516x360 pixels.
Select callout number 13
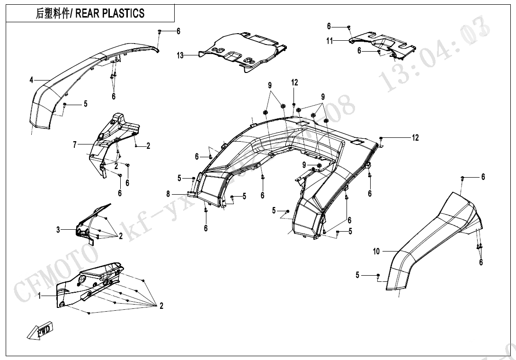click(x=180, y=55)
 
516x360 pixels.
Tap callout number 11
click(x=329, y=41)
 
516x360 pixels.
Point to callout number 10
click(x=376, y=252)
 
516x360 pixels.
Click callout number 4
click(x=31, y=80)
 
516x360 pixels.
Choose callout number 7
click(x=74, y=145)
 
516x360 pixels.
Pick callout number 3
click(x=58, y=230)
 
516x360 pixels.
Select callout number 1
click(x=40, y=295)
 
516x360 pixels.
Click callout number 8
click(x=168, y=193)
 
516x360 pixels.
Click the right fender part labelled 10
click(x=431, y=237)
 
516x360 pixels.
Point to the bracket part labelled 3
click(x=92, y=223)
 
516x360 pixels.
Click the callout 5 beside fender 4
click(x=86, y=104)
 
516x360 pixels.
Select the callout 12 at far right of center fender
click(x=415, y=138)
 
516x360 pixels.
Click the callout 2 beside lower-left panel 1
click(x=161, y=306)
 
